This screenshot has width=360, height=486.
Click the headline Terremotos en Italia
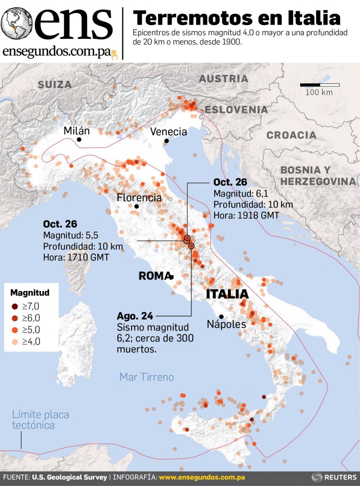pyautogui.click(x=237, y=18)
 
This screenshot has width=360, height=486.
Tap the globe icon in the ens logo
pyautogui.click(x=16, y=23)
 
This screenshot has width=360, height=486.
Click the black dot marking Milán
pyautogui.click(x=79, y=140)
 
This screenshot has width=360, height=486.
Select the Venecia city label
pyautogui.click(x=169, y=131)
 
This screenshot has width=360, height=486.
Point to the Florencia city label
pyautogui.click(x=139, y=197)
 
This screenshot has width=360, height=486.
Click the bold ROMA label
pyautogui.click(x=154, y=276)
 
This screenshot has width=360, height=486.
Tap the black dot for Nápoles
pyautogui.click(x=221, y=317)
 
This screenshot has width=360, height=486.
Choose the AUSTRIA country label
pyautogui.click(x=223, y=79)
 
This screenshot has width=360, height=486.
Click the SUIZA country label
pyautogui.click(x=55, y=85)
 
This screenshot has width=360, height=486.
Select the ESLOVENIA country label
pyautogui.click(x=236, y=110)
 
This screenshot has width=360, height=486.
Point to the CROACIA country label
pyautogui.click(x=291, y=135)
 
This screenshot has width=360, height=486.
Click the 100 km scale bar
pyautogui.click(x=320, y=85)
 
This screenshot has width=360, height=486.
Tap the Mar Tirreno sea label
pyautogui.click(x=146, y=377)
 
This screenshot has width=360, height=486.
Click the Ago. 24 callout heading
pyautogui.click(x=133, y=316)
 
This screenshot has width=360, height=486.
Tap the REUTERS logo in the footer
pyautogui.click(x=334, y=477)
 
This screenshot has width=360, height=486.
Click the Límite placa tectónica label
pyautogui.click(x=40, y=420)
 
